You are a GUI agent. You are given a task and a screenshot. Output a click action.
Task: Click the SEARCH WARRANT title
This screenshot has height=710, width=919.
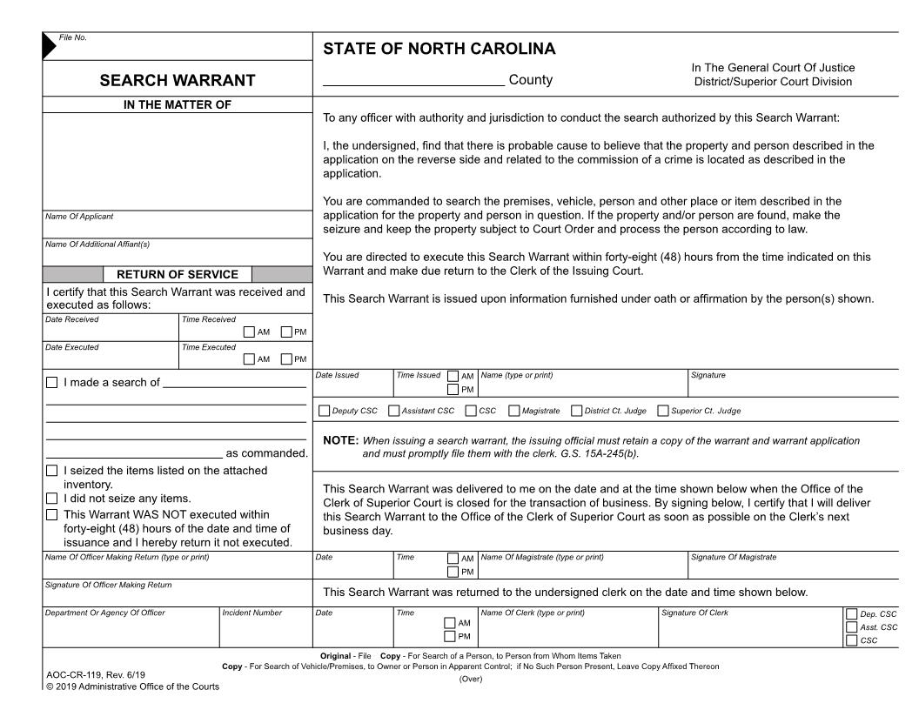click(x=178, y=81)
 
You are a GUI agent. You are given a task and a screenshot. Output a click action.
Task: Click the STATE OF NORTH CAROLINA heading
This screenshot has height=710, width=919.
click(x=439, y=49)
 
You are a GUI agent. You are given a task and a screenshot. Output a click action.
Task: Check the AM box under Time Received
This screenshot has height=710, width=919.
click(x=250, y=332)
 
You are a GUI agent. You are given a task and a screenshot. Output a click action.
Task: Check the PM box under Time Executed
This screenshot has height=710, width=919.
click(x=286, y=358)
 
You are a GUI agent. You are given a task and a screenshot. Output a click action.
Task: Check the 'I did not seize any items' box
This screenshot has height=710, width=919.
click(x=51, y=499)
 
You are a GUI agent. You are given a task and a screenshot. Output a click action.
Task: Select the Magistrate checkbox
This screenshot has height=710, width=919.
click(x=514, y=411)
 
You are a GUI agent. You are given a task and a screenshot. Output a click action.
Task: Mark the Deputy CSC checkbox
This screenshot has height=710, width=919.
click(x=325, y=411)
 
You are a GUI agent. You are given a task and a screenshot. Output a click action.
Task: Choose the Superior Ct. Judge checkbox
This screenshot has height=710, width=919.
click(x=663, y=411)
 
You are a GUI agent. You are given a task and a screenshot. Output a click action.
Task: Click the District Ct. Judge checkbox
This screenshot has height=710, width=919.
click(x=576, y=411)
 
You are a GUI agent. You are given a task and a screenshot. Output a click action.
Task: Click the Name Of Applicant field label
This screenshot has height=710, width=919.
click(x=79, y=217)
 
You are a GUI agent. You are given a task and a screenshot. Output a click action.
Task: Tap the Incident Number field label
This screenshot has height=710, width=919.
click(x=252, y=613)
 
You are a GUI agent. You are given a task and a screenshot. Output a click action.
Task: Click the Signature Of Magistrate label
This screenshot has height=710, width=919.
click(x=733, y=557)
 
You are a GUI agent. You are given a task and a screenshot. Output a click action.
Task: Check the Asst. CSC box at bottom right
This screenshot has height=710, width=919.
click(x=851, y=626)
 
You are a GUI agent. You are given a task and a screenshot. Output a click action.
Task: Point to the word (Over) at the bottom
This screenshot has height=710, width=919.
click(x=470, y=679)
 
